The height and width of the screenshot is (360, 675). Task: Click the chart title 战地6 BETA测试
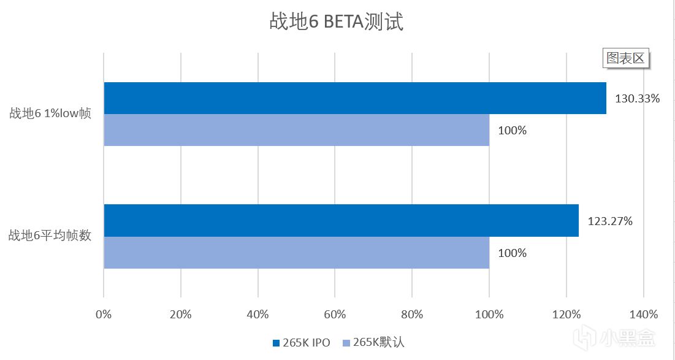(337, 23)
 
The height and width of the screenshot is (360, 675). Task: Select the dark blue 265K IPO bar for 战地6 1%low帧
(355, 98)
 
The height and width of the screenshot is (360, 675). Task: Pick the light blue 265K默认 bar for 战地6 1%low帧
(297, 130)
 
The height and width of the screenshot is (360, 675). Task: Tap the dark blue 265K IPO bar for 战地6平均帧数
(341, 220)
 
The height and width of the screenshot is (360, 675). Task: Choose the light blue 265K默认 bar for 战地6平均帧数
(297, 252)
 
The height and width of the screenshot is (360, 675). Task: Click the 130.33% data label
(637, 98)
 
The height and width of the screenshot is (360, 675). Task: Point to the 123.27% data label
(609, 221)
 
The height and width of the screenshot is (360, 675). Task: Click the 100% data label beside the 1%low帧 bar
(513, 130)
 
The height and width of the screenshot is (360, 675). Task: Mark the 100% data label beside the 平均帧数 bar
(513, 252)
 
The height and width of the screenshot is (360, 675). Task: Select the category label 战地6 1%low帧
(50, 113)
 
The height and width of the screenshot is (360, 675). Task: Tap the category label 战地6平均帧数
(50, 236)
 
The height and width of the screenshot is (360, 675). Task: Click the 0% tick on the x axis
(104, 315)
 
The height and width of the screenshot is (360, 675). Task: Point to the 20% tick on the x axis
(181, 315)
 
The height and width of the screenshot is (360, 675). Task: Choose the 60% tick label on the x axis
(335, 315)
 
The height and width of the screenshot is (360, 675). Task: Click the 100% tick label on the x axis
(489, 315)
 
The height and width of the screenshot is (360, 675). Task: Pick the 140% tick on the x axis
(643, 315)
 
